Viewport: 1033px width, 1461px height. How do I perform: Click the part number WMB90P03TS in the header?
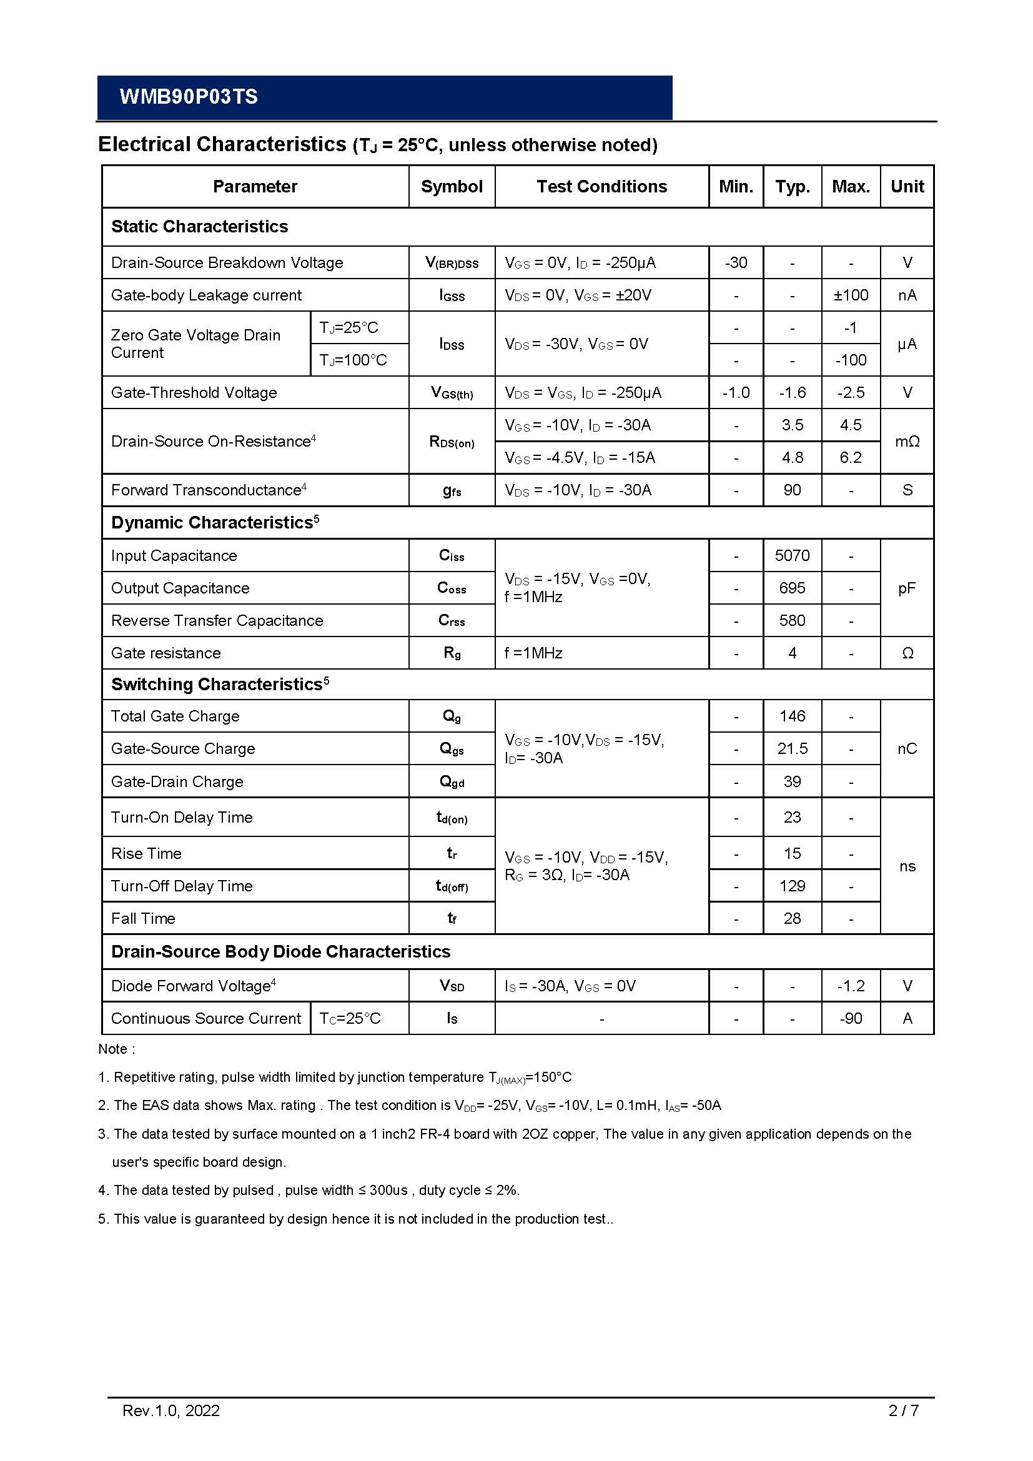point(188,97)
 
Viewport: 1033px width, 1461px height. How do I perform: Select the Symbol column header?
point(452,186)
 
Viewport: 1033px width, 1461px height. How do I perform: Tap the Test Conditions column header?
point(601,186)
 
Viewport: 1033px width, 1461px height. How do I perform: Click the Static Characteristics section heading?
point(199,227)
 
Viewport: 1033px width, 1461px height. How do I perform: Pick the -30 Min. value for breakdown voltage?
point(736,263)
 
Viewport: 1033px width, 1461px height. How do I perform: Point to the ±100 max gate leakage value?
point(851,295)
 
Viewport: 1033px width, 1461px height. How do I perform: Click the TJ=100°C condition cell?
point(353,360)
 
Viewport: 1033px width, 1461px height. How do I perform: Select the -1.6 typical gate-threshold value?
point(792,393)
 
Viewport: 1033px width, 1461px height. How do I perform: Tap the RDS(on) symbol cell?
point(452,442)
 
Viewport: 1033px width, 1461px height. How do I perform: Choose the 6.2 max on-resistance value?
point(851,457)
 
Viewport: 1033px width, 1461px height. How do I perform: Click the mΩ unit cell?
point(907,442)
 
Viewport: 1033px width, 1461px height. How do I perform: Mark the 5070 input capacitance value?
point(792,555)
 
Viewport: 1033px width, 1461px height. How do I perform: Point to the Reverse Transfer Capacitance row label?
point(217,620)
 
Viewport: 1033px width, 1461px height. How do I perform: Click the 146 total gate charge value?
point(792,716)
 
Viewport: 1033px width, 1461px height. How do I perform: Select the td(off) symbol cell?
point(452,886)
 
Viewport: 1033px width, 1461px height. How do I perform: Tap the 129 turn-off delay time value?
point(792,886)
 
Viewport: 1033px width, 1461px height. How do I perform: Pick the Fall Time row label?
point(143,919)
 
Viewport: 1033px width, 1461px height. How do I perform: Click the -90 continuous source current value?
point(851,1019)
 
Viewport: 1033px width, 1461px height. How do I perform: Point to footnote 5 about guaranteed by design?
point(355,1219)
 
